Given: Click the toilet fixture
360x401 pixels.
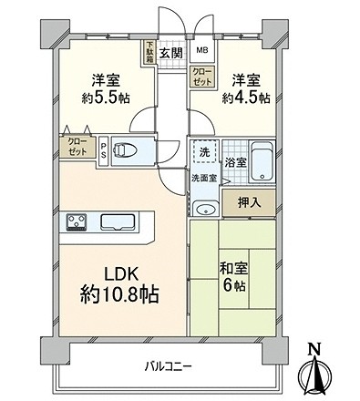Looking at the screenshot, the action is coord(125,150).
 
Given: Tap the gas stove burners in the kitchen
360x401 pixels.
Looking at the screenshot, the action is coord(77,221).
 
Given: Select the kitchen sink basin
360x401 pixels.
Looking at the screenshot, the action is coord(118,221).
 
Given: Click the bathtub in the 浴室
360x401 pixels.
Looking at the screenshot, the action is coord(262,161).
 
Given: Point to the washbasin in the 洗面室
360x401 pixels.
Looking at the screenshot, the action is coord(206,209).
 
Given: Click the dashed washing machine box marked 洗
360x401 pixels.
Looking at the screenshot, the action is coord(204,151).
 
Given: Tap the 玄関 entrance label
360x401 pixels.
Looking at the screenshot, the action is coord(171,54).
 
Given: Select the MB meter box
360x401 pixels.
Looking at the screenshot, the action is coord(202,50).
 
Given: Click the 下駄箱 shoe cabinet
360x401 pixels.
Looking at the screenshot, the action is coord(149,52).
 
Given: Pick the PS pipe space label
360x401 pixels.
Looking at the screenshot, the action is coord(104,150).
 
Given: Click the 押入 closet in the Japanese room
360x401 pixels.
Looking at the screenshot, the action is coord(249,202).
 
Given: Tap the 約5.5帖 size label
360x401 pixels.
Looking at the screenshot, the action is coord(106,98).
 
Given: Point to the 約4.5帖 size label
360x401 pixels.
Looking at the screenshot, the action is coord(246,98).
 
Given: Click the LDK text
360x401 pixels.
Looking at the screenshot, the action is coord(122,273).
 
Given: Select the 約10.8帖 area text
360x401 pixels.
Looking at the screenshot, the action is coord(119,294).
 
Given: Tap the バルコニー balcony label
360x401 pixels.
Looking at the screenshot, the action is coord(168,366).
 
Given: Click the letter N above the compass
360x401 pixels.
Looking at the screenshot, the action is coord(314,349).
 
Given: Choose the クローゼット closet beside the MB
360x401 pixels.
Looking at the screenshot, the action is coord(202,77).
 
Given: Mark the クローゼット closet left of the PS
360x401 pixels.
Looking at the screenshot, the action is coord(77,147).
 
